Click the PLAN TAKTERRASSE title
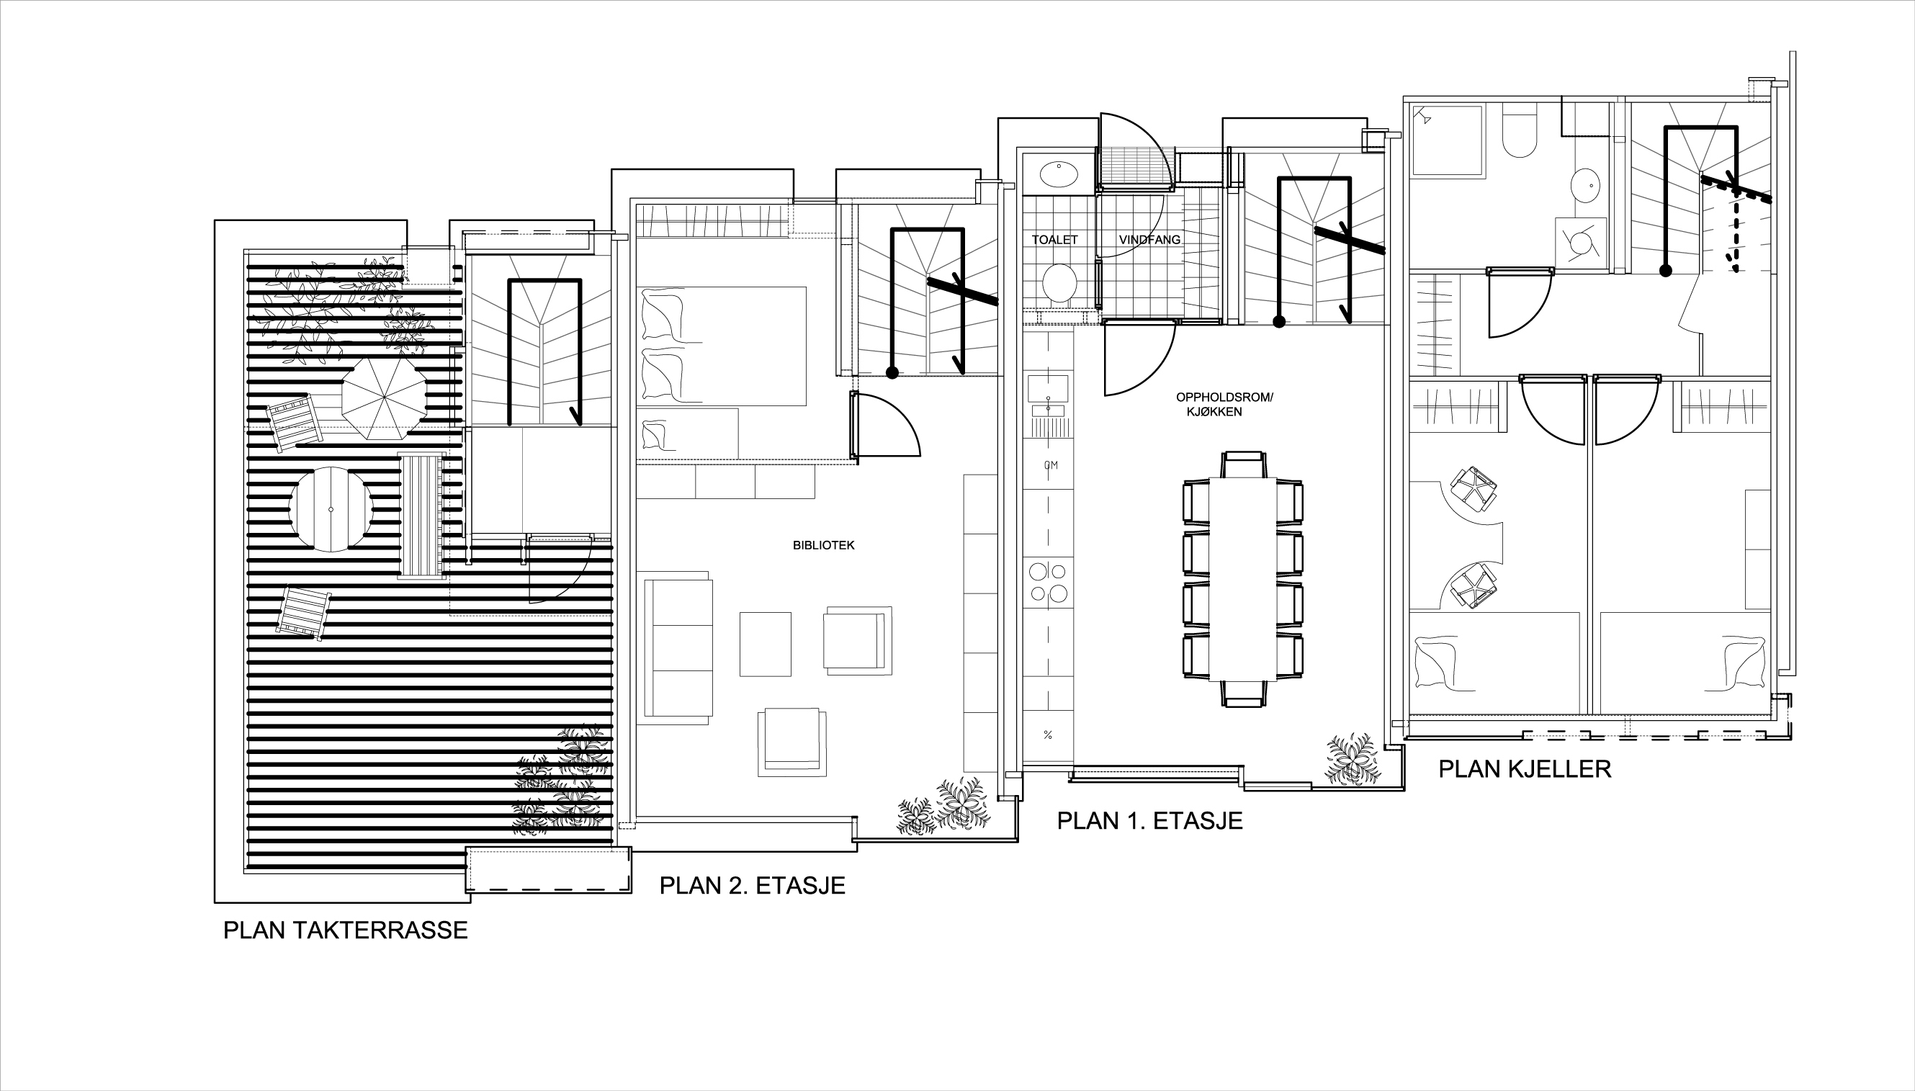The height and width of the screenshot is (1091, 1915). (x=346, y=930)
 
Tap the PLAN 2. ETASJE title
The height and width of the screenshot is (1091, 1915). (x=752, y=886)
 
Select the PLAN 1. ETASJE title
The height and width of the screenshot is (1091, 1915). (x=1149, y=820)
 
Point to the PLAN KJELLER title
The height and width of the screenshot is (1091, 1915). (x=1525, y=769)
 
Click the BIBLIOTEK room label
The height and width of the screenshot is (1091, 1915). (x=823, y=546)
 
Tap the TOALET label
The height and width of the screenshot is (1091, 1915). (x=1054, y=240)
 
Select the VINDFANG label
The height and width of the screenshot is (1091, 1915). (x=1149, y=240)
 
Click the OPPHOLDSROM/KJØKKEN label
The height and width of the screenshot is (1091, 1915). (x=1224, y=405)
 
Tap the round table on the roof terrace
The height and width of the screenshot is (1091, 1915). (x=331, y=510)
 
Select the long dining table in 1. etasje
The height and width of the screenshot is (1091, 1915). (x=1242, y=578)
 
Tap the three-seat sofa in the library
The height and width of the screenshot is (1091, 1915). (x=679, y=647)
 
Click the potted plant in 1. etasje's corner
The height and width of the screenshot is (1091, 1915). (x=1353, y=759)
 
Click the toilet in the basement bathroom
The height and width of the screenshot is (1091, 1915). (x=1520, y=133)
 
